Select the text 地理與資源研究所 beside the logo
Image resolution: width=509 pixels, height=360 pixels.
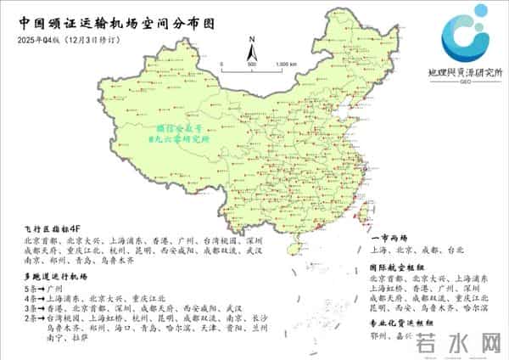[x=465, y=74]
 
